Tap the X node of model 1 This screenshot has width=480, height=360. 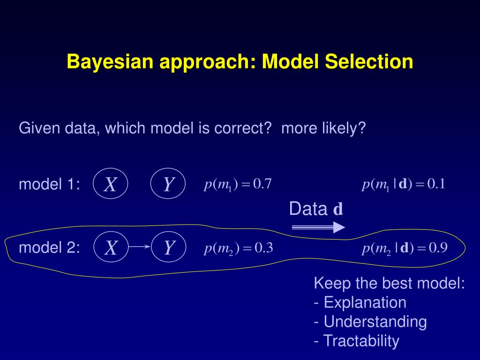(x=111, y=184)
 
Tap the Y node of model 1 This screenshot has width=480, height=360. (x=168, y=184)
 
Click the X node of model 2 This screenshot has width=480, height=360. (x=111, y=247)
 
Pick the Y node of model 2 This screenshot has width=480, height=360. (x=169, y=247)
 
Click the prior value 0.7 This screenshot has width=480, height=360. (x=262, y=184)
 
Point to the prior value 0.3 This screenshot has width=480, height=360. (x=262, y=247)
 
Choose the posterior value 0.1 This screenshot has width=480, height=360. (x=435, y=184)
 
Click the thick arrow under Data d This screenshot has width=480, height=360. (x=318, y=227)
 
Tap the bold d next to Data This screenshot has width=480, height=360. (x=338, y=210)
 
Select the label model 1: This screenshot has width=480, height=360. (x=49, y=185)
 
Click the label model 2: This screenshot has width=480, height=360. (x=49, y=247)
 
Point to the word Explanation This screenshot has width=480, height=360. (x=365, y=303)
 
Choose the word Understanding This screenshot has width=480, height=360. (x=375, y=322)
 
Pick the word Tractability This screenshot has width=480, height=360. (x=361, y=341)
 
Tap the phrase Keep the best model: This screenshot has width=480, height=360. (x=389, y=284)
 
